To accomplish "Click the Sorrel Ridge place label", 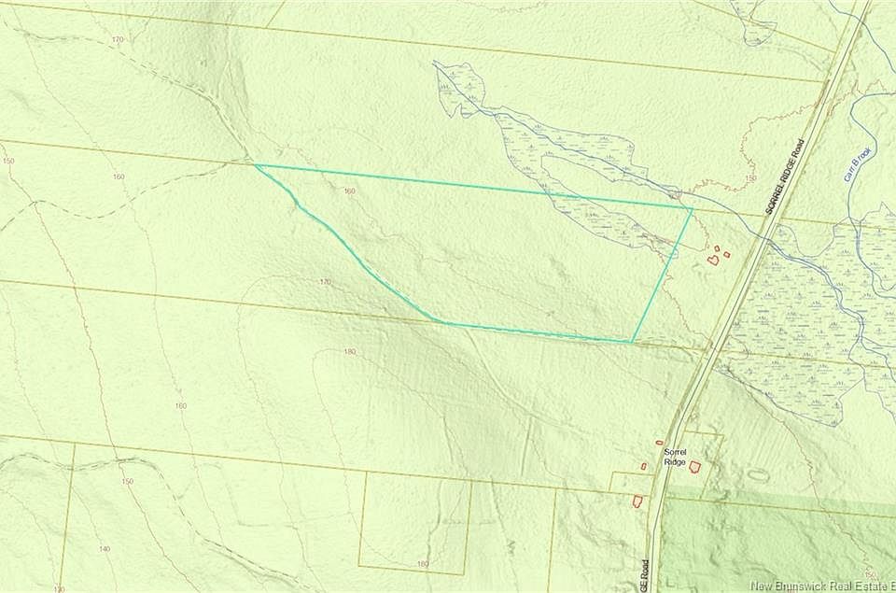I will tap(676, 456).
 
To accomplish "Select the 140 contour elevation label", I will tap(105, 549).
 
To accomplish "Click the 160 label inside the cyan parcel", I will tap(349, 191).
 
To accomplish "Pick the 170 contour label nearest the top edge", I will tap(117, 39).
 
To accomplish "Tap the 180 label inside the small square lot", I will tap(422, 564).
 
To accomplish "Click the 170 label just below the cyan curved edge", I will tap(325, 281).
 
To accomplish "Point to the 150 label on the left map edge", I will tap(8, 161).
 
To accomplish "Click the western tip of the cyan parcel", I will tap(256, 165).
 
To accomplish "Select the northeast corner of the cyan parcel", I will tap(692, 208).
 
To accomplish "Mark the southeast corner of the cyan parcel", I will tap(633, 342).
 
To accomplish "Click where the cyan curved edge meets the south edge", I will tap(441, 323).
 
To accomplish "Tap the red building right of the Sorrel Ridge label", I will tap(695, 466).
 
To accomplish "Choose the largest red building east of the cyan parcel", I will tap(713, 260).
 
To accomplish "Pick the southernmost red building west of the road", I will tap(637, 501).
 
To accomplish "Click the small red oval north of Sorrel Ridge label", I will tap(659, 443).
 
